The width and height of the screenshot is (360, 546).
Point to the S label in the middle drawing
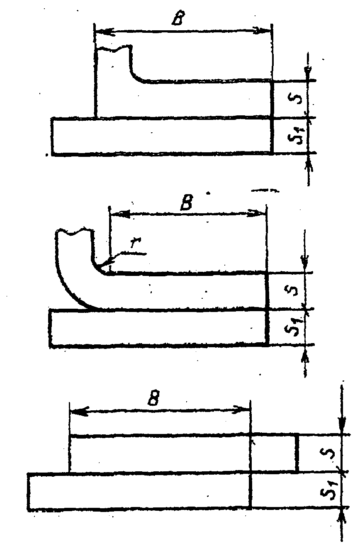tap(292, 291)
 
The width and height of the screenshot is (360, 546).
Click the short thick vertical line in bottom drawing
tap(297, 453)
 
